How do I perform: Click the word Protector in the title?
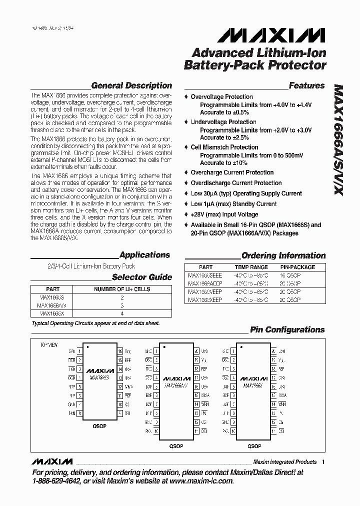tap(290, 64)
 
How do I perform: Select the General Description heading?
tap(131, 85)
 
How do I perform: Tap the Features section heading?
tap(306, 85)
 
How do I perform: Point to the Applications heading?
tap(145, 255)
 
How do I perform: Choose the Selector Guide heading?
tap(141, 277)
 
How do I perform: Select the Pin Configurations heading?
tap(287, 329)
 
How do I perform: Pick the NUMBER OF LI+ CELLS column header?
tap(122, 289)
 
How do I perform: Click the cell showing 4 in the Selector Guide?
tap(121, 313)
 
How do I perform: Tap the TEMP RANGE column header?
tap(251, 267)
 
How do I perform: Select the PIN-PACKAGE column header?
tap(297, 267)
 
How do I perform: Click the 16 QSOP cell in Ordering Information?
tap(290, 274)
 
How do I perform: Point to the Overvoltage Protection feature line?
tap(221, 96)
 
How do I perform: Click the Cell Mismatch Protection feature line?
tap(224, 147)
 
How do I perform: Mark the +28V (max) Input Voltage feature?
tap(224, 214)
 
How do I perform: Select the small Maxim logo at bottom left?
tap(51, 461)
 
